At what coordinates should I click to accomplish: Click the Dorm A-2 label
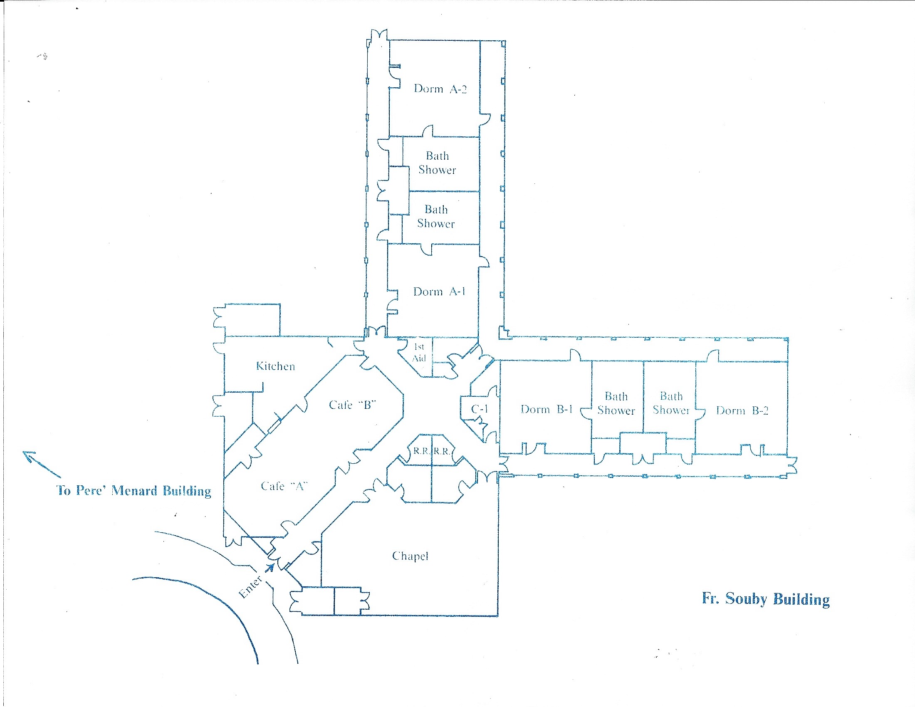point(440,89)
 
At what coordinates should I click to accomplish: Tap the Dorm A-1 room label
point(439,292)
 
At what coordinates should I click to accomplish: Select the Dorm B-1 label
point(547,410)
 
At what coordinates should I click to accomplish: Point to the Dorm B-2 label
point(742,411)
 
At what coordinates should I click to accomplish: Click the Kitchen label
point(275,366)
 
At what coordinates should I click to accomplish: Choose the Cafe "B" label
point(352,405)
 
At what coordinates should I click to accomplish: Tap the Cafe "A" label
point(284,486)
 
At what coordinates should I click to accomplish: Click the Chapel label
point(410,556)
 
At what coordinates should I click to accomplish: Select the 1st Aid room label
point(419,353)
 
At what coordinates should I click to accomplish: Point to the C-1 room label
point(479,409)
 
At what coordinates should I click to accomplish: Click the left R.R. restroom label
point(421,452)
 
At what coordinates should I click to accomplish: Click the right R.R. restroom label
point(442,452)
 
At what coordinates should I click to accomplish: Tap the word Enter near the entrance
point(250,587)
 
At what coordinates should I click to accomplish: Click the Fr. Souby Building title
point(765,599)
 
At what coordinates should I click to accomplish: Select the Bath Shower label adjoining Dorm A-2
point(437,163)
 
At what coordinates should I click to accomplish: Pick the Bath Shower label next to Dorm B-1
point(616,403)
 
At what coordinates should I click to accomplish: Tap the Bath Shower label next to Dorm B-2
point(671,403)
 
